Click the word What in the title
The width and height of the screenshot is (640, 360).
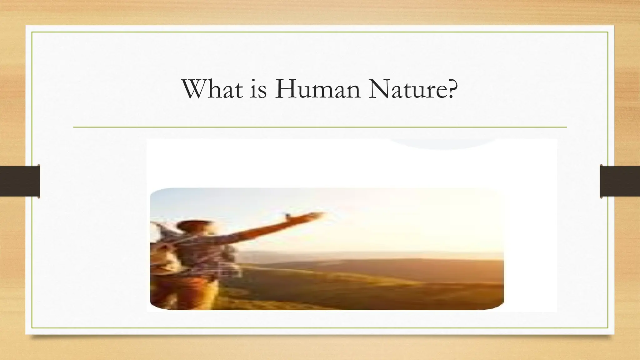point(212,89)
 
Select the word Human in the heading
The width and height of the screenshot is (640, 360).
point(317,89)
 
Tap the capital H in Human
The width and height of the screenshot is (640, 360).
point(286,89)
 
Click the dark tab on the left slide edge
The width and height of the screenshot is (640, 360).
point(20,181)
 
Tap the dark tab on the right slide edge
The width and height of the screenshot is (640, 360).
point(620,181)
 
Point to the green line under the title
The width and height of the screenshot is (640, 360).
point(320,127)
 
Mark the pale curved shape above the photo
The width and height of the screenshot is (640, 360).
point(444,144)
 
